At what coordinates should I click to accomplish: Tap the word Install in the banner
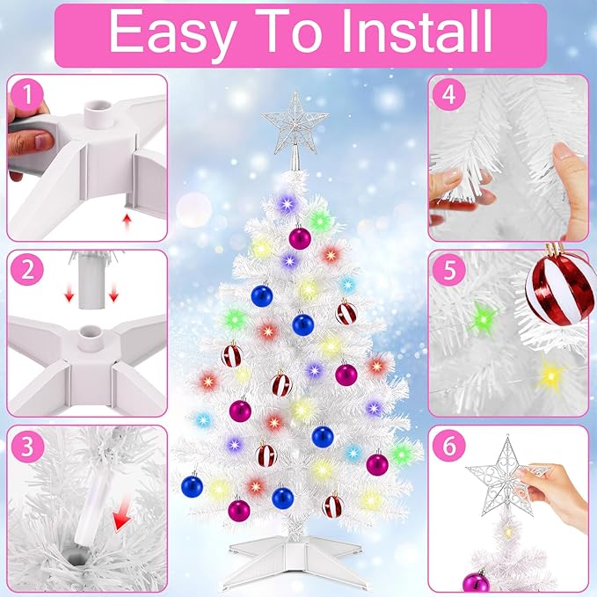click(x=417, y=31)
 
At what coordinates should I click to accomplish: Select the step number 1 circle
click(x=27, y=95)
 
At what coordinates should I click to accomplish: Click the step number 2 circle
click(x=27, y=270)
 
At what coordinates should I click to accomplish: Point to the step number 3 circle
click(x=27, y=446)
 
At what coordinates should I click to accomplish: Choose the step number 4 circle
click(x=449, y=95)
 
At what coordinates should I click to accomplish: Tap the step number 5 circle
click(x=449, y=270)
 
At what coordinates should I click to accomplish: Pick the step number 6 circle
click(x=449, y=446)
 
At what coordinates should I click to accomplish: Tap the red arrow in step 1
click(x=127, y=222)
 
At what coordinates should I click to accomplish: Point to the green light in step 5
click(x=483, y=318)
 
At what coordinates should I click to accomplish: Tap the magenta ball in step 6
click(x=476, y=581)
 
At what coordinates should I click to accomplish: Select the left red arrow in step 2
click(x=69, y=295)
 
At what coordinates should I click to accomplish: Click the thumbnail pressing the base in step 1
click(x=43, y=142)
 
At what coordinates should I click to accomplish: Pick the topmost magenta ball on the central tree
click(x=300, y=238)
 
